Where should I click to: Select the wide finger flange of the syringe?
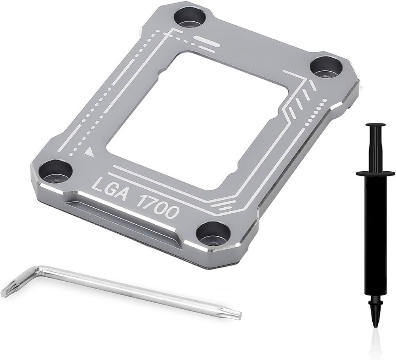[375, 174]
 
